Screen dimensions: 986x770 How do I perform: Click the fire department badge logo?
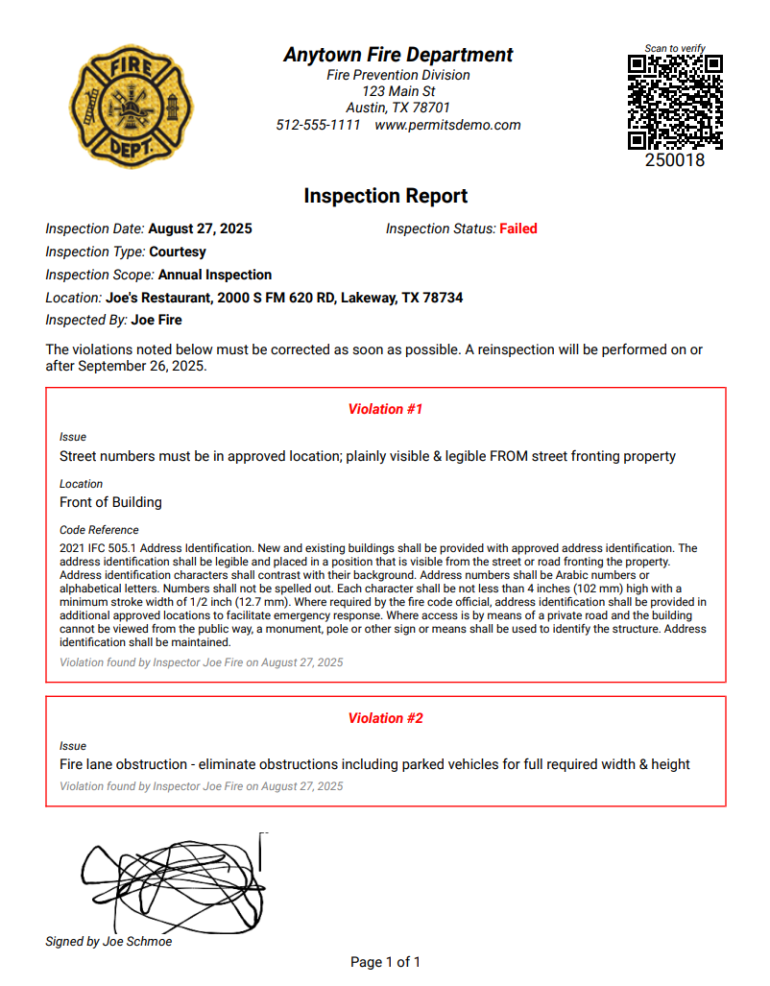(x=132, y=107)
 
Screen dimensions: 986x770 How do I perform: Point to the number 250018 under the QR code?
(x=674, y=160)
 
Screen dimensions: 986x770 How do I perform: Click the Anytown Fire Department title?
(x=397, y=55)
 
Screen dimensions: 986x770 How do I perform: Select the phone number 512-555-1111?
(x=318, y=125)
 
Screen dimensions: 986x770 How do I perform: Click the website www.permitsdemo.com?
(x=447, y=125)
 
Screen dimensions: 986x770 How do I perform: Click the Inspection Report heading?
(x=385, y=196)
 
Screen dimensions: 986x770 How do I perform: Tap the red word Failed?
(x=518, y=228)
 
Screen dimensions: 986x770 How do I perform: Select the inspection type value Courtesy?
(x=178, y=252)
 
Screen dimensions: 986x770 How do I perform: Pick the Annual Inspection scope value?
(x=215, y=275)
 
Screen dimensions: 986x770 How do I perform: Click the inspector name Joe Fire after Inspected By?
(x=156, y=320)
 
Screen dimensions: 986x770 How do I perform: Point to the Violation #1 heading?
(x=385, y=409)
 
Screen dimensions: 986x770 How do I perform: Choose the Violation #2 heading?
(x=385, y=718)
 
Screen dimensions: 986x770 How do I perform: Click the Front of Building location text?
(x=110, y=502)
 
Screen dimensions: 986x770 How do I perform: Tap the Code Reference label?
(x=99, y=530)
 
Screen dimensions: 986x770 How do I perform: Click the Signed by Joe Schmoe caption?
(x=108, y=942)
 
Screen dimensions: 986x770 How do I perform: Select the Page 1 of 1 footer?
(x=385, y=962)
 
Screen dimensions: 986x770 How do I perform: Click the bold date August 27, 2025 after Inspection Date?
(x=200, y=228)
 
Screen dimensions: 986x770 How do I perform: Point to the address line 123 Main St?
(x=397, y=91)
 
